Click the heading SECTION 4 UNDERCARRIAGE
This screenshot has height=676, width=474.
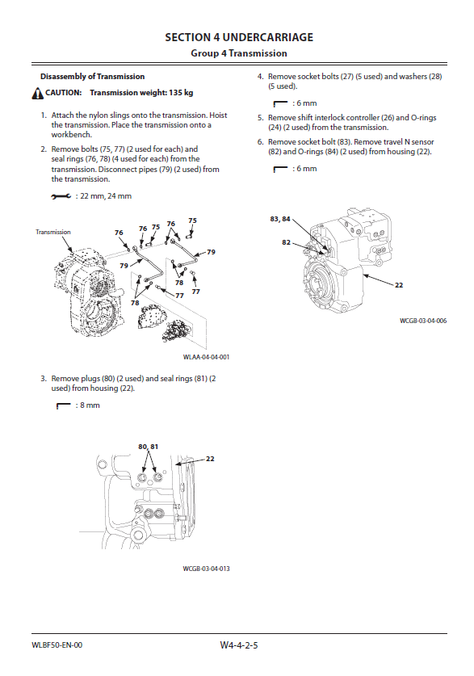point(239,37)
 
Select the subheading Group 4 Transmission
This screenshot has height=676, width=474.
point(239,53)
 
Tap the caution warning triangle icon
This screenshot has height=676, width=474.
point(37,93)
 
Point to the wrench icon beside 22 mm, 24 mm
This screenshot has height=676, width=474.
point(61,196)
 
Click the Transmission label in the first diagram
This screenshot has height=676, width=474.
point(53,232)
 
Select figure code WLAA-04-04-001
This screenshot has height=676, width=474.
point(207,357)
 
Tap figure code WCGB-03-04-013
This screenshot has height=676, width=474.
point(207,569)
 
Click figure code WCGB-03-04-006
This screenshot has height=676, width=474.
point(423,321)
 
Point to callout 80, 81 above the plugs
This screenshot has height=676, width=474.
point(149,447)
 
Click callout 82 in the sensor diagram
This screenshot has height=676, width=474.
point(286,242)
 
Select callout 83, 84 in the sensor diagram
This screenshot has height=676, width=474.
point(280,219)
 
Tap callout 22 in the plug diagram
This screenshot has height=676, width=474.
point(210,459)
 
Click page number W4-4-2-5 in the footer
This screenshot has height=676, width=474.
point(239,645)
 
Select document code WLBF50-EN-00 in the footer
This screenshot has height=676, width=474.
point(57,645)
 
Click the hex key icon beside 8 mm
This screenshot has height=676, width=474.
point(63,405)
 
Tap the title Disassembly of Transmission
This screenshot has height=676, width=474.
point(93,77)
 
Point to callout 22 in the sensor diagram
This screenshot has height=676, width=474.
point(399,285)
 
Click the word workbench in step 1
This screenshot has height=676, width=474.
point(71,135)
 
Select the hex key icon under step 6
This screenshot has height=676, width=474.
point(280,169)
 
